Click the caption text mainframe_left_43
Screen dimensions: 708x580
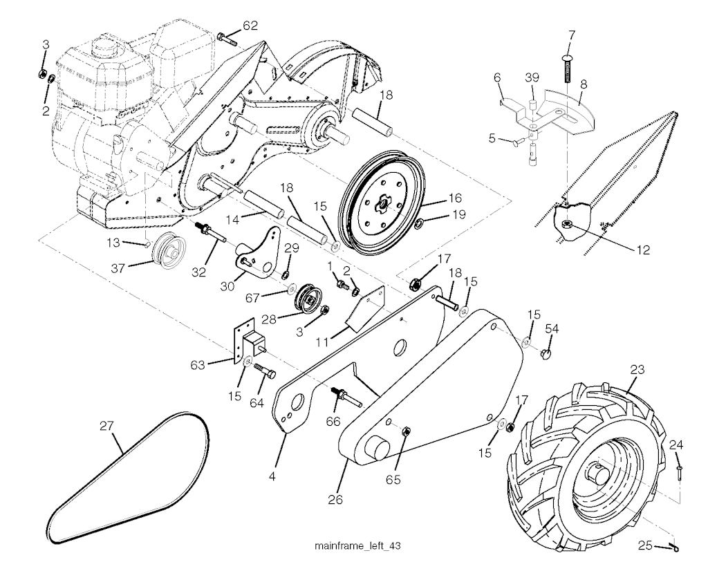(357, 547)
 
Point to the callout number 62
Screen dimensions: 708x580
(250, 26)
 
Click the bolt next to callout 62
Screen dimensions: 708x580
(227, 38)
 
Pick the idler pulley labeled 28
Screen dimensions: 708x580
(308, 297)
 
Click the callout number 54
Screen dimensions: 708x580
(551, 328)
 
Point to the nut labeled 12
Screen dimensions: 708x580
(566, 224)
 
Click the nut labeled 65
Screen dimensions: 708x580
(405, 432)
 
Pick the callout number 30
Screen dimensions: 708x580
(227, 286)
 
